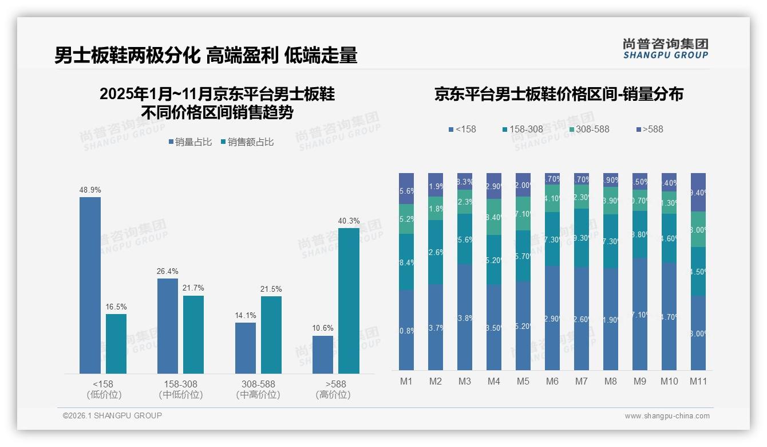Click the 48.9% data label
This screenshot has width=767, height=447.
click(90, 190)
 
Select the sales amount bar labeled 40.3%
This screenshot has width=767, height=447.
click(349, 300)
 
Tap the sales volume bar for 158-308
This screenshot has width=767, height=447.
click(167, 326)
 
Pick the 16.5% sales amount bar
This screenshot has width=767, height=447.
click(116, 343)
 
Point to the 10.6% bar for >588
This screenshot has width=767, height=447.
click(323, 354)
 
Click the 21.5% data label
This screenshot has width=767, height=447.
click(271, 289)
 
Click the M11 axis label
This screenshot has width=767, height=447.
click(698, 381)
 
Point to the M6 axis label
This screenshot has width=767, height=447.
click(552, 381)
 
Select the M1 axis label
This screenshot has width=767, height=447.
click(406, 381)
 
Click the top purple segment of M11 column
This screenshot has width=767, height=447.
click(698, 192)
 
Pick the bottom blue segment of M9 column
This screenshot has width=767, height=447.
click(639, 314)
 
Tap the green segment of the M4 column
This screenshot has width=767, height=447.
click(493, 217)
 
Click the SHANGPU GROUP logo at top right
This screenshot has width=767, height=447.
click(665, 49)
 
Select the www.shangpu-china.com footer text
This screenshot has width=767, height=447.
click(667, 416)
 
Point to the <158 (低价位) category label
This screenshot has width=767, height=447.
click(104, 389)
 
